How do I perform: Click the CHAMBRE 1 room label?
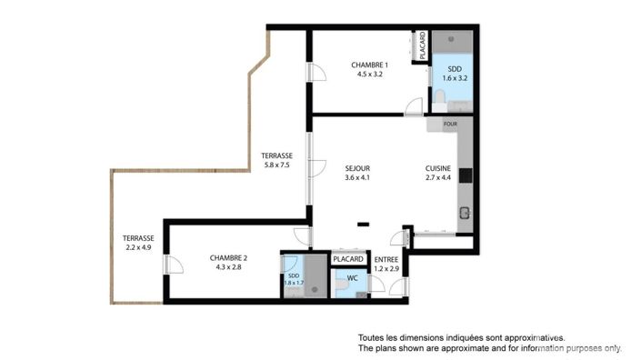point(370,65)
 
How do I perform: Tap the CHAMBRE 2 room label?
point(228,257)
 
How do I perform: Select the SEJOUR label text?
point(357,167)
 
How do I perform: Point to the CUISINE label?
point(438,167)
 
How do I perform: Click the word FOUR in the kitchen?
point(449,123)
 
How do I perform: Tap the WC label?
point(353,277)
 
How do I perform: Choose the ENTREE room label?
point(386,258)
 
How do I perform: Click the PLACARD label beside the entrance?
point(348,259)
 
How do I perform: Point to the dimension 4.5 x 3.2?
point(370,75)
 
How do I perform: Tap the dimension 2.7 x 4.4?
point(438,177)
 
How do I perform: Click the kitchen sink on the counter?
point(465,215)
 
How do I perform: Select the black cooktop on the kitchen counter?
point(465,175)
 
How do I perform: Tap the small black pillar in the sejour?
point(363,225)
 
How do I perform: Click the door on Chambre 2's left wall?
point(166,265)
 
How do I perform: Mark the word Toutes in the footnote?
point(374,337)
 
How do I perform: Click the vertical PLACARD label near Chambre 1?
point(423,47)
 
